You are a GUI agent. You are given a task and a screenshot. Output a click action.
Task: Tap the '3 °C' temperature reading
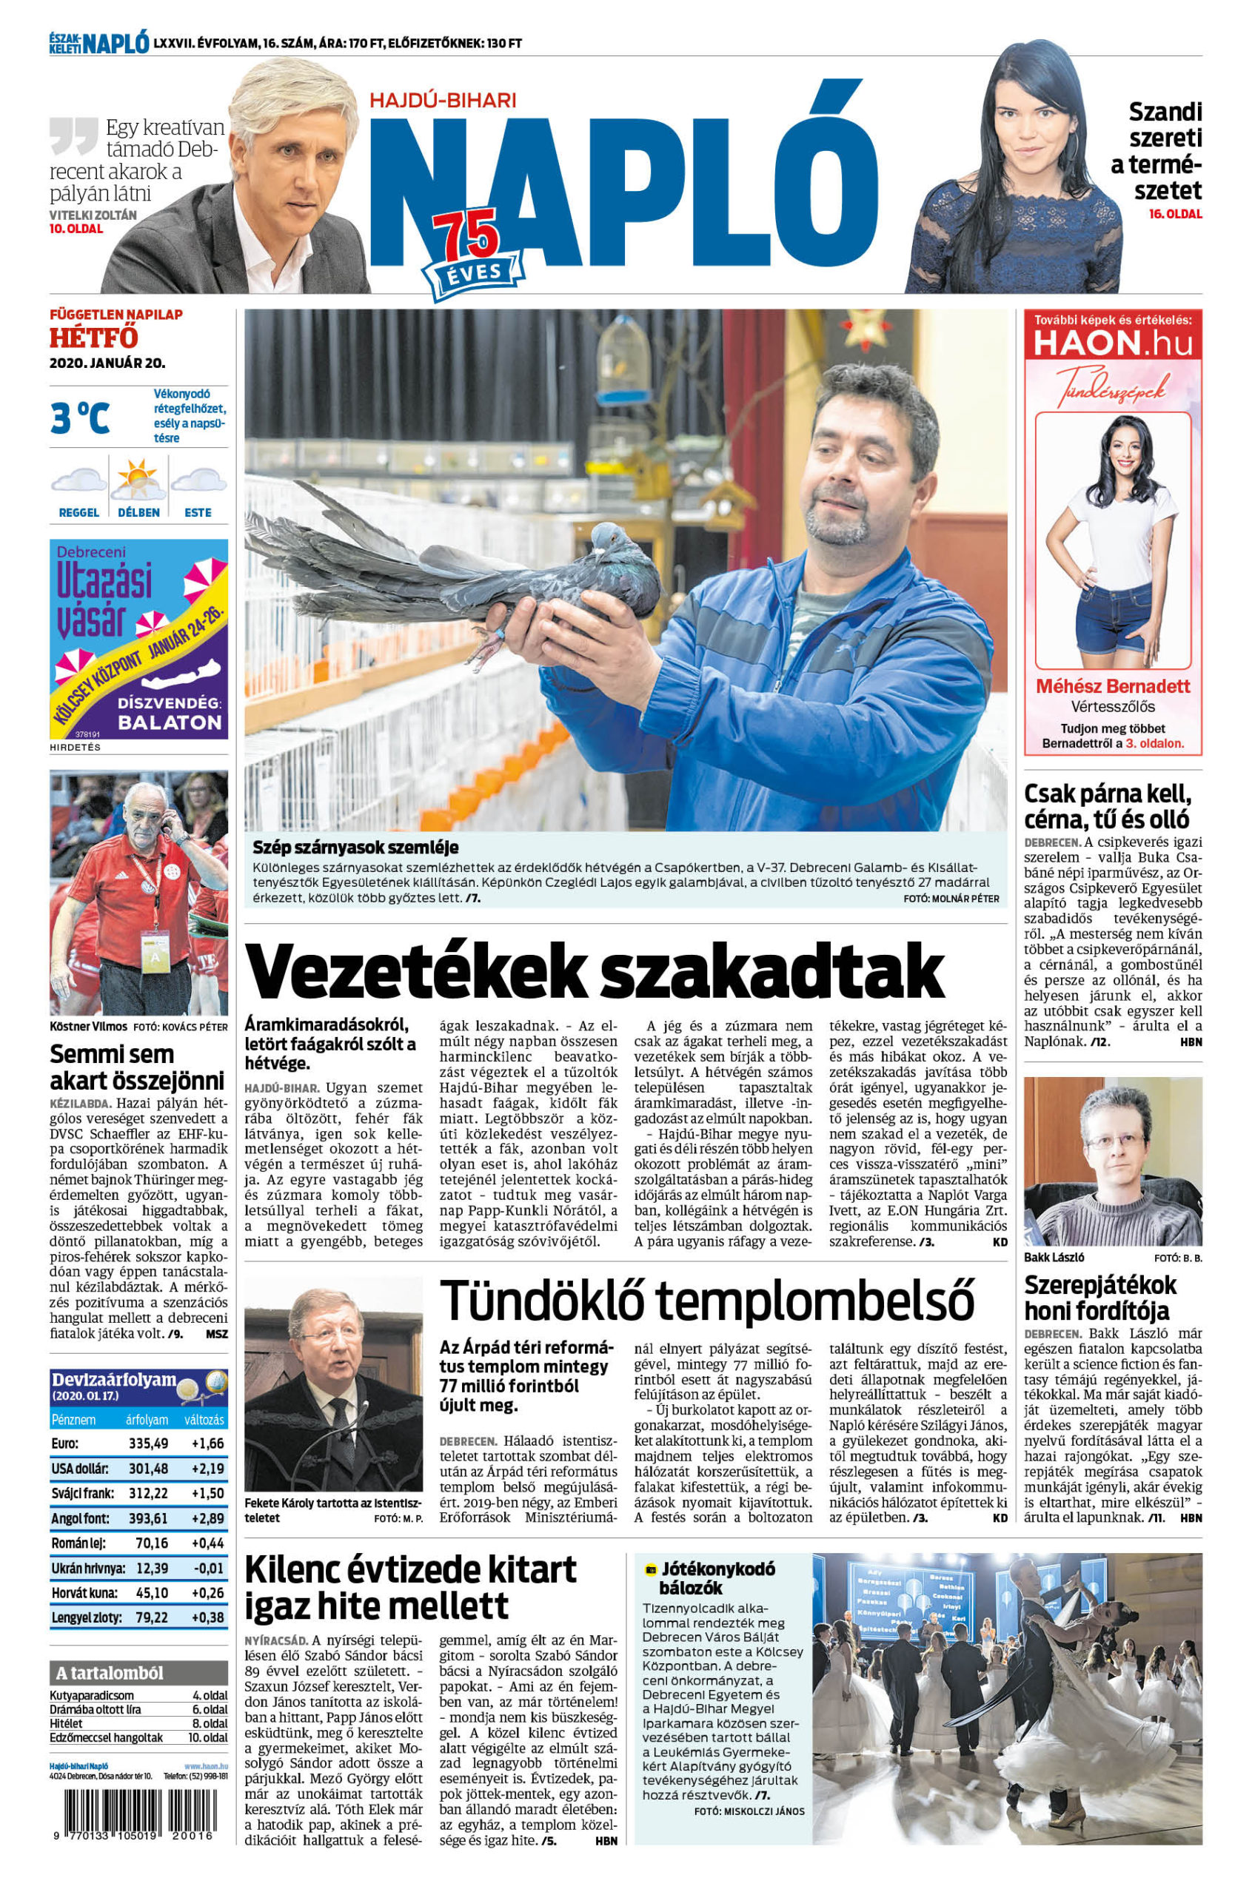tap(80, 417)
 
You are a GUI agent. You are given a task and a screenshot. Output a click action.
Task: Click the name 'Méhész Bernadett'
tap(1112, 685)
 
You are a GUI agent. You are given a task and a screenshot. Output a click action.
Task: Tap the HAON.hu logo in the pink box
tap(1112, 343)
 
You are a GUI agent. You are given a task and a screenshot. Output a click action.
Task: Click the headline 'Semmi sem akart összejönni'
tap(136, 1067)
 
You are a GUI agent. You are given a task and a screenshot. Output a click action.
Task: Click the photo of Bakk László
tap(1112, 1161)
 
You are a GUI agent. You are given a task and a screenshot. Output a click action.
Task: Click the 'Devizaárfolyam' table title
tap(113, 1380)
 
